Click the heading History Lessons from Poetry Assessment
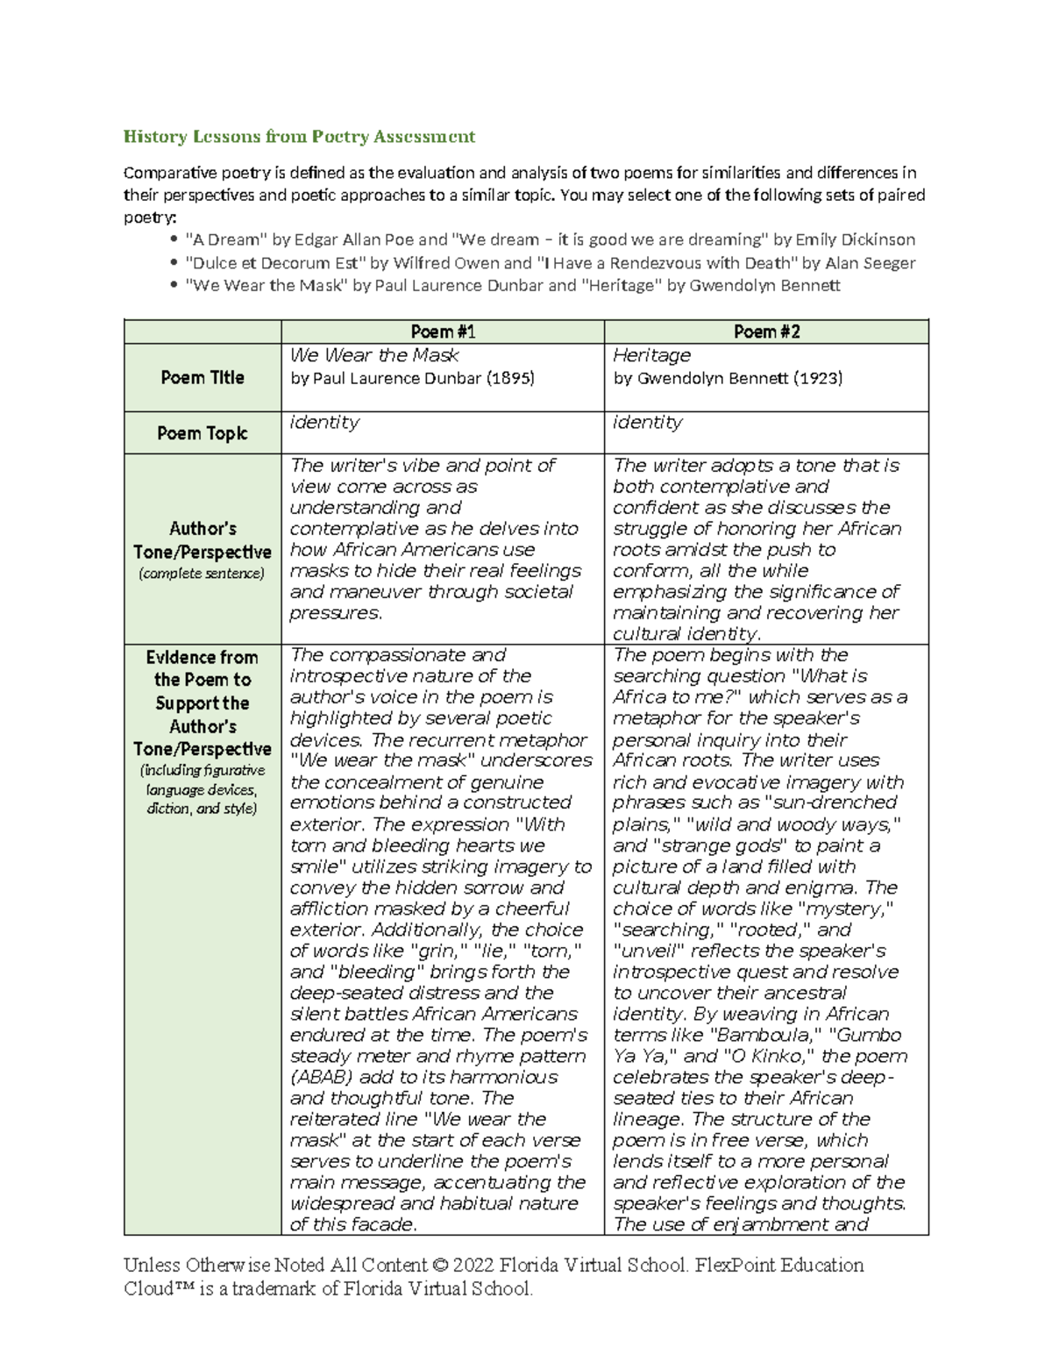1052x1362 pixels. (299, 136)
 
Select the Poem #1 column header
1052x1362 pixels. (443, 332)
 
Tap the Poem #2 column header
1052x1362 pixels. (766, 332)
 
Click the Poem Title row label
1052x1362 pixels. (202, 377)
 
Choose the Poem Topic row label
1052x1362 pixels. (202, 433)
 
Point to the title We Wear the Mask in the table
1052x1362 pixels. (374, 355)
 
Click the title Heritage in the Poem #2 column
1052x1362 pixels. (651, 355)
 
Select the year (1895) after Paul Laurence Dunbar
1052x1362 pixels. (508, 378)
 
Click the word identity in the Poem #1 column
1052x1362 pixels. (324, 422)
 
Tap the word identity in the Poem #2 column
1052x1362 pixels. (647, 422)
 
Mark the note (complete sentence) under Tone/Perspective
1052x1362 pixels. (202, 574)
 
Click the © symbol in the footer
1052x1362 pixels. (440, 1265)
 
